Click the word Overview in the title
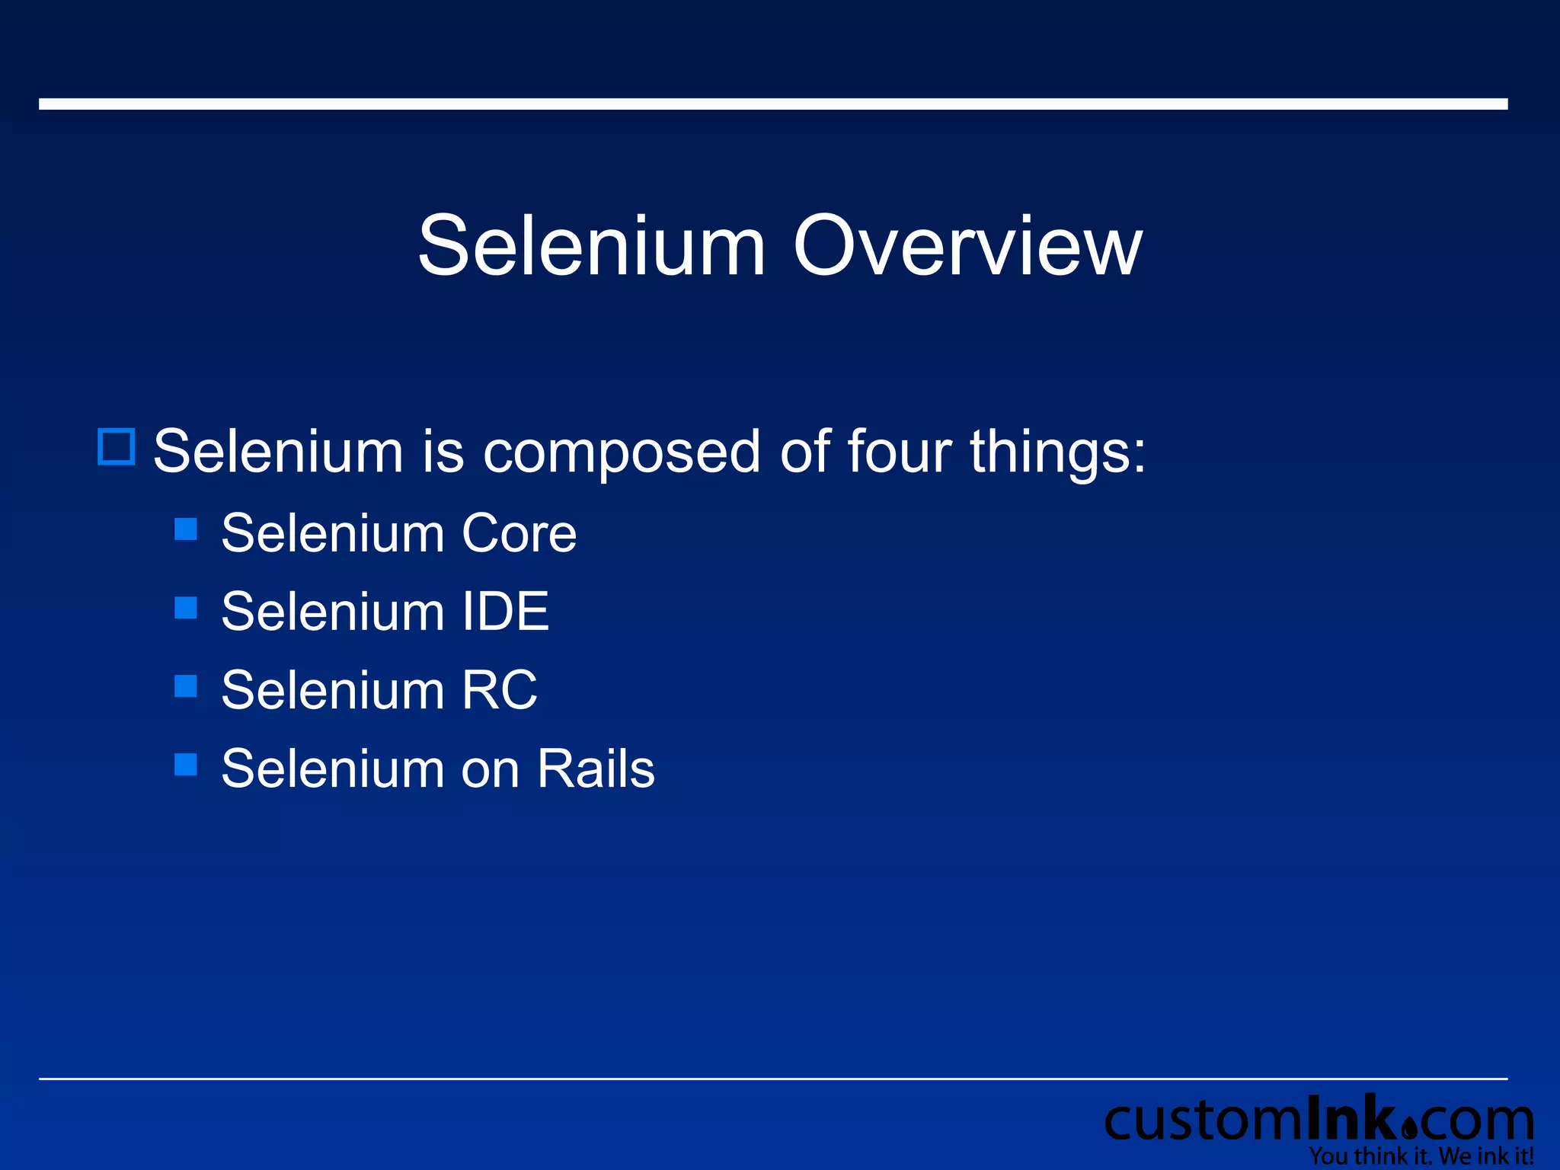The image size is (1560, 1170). click(x=967, y=246)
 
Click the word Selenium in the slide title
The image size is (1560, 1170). click(x=592, y=246)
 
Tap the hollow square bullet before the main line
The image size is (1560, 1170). click(x=117, y=446)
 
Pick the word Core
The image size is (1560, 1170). click(x=519, y=533)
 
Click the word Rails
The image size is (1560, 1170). click(x=596, y=769)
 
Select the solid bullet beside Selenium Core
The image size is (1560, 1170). click(x=186, y=529)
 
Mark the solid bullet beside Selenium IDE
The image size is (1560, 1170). click(x=186, y=608)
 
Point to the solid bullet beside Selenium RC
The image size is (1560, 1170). click(x=186, y=686)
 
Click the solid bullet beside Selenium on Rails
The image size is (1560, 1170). click(x=186, y=765)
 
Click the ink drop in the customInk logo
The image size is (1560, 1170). click(x=1408, y=1127)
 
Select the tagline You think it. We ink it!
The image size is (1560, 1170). click(x=1421, y=1156)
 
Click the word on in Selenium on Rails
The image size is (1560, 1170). click(x=491, y=770)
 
